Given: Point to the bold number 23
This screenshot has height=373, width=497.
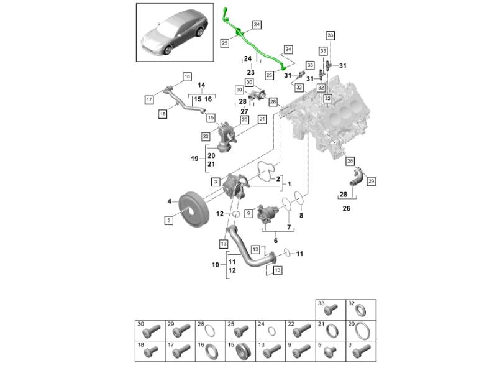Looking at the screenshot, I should point(251,72).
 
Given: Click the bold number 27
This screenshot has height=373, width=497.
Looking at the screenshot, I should point(244,112).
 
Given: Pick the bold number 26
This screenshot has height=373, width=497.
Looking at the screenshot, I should point(346,208).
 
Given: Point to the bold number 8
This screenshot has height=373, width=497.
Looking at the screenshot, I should point(302,216).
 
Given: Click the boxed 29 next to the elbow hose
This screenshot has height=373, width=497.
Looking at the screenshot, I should point(372,181).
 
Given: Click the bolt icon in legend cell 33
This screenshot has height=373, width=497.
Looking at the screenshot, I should point(332,308).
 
